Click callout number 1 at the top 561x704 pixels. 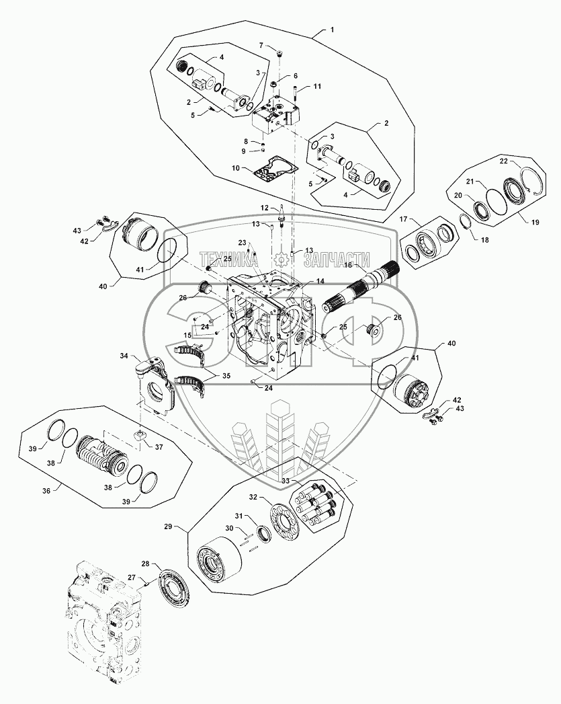[x=331, y=30]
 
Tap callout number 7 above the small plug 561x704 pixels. [x=261, y=45]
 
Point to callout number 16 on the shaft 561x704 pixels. [x=349, y=266]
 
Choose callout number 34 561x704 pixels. [x=124, y=356]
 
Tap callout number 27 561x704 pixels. [x=132, y=576]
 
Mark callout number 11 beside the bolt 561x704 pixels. [x=317, y=87]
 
